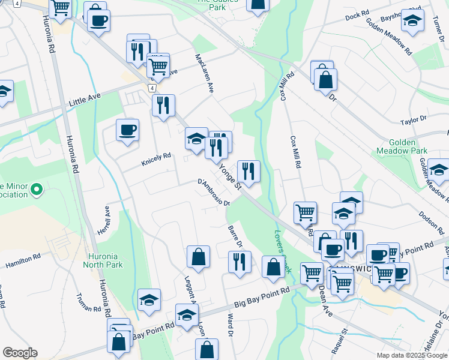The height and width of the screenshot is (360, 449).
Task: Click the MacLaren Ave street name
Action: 204,73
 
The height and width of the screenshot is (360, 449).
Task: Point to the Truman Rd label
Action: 88,303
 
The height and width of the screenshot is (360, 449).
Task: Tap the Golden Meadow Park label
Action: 399,148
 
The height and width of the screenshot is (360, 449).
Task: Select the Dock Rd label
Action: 357,17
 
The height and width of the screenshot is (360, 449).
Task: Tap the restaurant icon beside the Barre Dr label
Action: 240,262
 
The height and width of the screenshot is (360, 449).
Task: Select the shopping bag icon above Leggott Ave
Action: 198,257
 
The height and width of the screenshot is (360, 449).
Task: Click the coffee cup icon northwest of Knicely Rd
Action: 127,130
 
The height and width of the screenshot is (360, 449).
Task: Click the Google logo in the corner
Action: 20,353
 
